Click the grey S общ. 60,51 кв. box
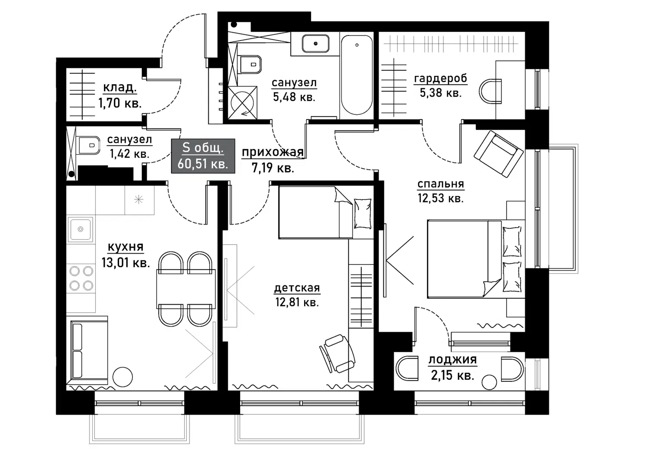(203, 156)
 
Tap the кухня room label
(126, 247)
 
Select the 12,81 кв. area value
(297, 302)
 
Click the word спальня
(441, 184)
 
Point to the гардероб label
(441, 79)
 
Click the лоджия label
(452, 360)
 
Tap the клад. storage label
(120, 88)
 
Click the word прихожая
(273, 152)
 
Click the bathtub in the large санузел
(357, 75)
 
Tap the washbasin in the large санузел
(315, 44)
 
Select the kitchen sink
(80, 229)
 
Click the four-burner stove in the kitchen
(81, 278)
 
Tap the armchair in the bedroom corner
(499, 154)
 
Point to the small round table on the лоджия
(489, 382)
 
